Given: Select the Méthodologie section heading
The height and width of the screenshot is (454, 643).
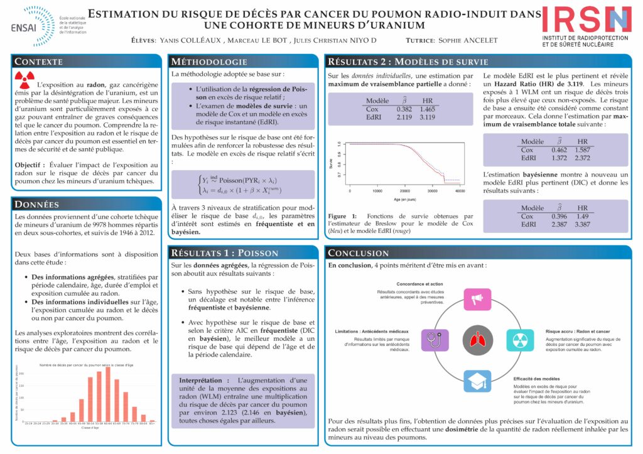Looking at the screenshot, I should [210, 62].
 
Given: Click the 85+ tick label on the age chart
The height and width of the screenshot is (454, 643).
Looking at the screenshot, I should [152, 423].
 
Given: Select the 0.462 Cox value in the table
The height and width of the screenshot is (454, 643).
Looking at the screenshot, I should [559, 150].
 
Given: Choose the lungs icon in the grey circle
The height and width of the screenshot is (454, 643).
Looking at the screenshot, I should [482, 340].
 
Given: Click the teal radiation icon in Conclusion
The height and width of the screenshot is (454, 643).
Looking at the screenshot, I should [521, 340].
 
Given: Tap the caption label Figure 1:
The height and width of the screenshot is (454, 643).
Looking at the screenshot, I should [343, 215].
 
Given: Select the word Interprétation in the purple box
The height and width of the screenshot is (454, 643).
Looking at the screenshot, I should [200, 381].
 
